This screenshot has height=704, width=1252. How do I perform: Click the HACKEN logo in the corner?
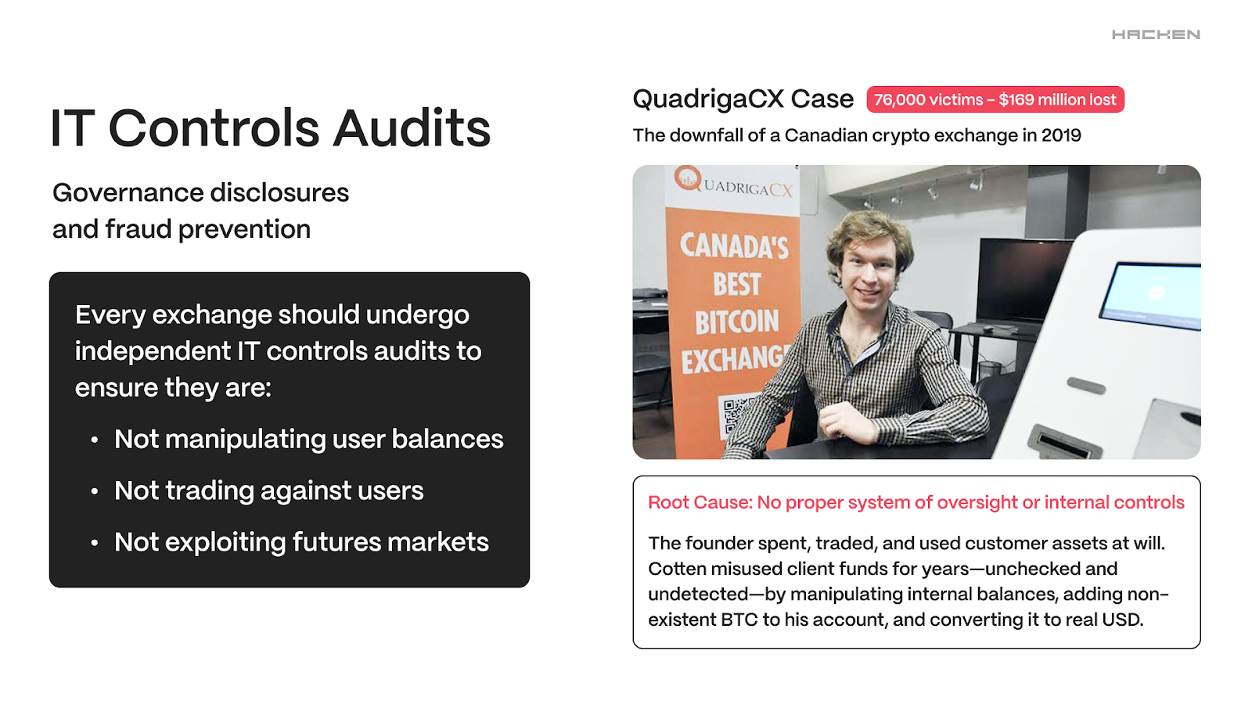pos(1155,34)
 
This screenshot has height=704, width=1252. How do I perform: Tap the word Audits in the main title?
pos(412,128)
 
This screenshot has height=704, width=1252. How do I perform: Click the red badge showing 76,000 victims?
pos(995,99)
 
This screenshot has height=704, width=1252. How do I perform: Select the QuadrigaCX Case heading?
pos(743,99)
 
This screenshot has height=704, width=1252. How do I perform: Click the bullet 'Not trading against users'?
pos(269,490)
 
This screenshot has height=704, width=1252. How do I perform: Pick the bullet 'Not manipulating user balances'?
pos(308,439)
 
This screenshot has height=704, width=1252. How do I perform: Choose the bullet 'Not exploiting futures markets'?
pos(301,542)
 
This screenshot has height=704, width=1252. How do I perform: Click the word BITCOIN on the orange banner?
pos(736,321)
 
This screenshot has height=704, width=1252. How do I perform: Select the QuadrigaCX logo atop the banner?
pos(733,182)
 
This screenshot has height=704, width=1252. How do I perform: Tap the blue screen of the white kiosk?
pos(1151,296)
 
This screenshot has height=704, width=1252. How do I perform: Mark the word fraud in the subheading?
pos(138,229)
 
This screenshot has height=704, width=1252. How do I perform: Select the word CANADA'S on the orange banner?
pos(734,247)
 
